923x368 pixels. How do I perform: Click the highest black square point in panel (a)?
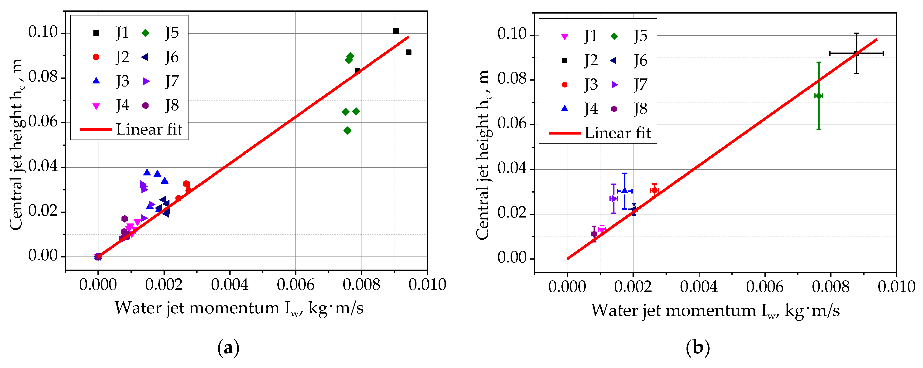[396, 31]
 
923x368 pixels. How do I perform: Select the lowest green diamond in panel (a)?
[347, 131]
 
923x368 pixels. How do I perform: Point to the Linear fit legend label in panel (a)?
[149, 129]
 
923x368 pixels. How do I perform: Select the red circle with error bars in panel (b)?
[655, 190]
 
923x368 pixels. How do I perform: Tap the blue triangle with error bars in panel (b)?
[624, 191]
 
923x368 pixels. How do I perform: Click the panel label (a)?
[228, 348]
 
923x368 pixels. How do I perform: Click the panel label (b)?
[698, 348]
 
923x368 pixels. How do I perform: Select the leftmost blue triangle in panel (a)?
[147, 172]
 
